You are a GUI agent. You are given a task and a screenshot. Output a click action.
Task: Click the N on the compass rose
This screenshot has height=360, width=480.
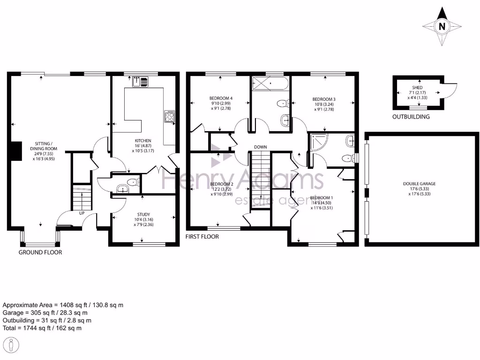(441, 27)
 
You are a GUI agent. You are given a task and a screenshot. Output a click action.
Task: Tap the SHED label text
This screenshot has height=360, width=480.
(417, 88)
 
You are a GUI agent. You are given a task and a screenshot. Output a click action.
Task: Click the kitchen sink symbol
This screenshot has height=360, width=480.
(140, 82)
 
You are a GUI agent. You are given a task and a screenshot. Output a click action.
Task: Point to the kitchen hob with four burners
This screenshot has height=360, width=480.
(169, 116)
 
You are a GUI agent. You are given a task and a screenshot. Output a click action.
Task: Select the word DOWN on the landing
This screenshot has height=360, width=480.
(261, 147)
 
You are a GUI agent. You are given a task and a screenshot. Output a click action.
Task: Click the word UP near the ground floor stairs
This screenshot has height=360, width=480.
(82, 213)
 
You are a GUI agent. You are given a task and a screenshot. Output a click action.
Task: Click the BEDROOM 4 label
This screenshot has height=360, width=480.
(221, 98)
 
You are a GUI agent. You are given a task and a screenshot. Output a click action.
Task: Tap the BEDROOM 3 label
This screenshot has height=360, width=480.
(324, 99)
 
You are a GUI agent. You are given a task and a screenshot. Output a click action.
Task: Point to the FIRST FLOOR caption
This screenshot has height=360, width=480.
(202, 237)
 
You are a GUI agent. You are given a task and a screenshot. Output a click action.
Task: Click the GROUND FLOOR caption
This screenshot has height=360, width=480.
(40, 252)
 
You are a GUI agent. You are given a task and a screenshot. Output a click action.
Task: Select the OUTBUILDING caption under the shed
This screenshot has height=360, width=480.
(411, 117)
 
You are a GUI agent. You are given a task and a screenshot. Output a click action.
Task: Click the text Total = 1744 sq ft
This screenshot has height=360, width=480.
(42, 328)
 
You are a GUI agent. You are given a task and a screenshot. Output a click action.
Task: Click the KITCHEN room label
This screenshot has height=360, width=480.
(143, 141)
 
